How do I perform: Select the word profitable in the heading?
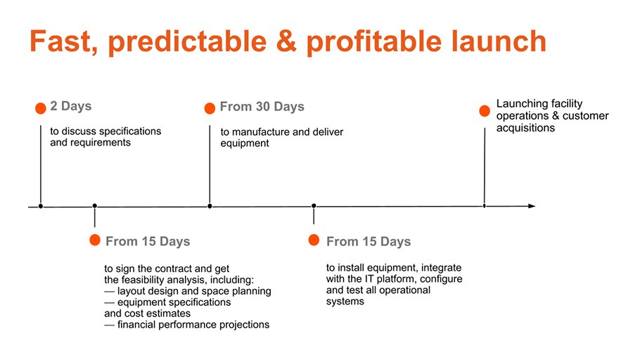pos(374,43)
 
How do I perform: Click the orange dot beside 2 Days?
pos(40,108)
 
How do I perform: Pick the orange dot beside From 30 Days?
pos(210,108)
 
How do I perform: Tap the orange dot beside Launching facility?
pos(485,110)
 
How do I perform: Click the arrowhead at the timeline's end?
pos(532,206)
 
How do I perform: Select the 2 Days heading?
pos(70,106)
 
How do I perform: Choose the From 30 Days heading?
pos(262,107)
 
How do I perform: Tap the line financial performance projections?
pos(187,324)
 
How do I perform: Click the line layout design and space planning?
pos(188,291)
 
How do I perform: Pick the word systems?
pos(345,302)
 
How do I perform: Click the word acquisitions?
pos(526,128)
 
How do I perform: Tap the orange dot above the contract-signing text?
pos(95,240)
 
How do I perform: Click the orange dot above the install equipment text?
pos(314,240)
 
